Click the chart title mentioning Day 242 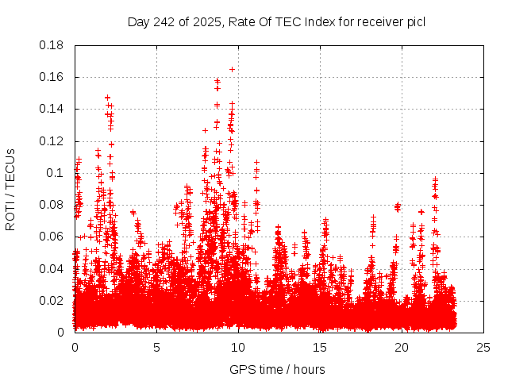(x=276, y=21)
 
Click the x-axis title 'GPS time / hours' (x=277, y=369)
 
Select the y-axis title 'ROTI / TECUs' (x=10, y=189)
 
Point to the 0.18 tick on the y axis (x=52, y=45)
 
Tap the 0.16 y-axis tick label (x=52, y=77)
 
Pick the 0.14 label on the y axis (x=52, y=109)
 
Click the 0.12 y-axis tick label (x=52, y=141)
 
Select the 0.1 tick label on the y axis (x=56, y=173)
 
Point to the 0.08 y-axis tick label (x=52, y=205)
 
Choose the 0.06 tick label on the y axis (x=52, y=237)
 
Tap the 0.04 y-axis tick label (x=52, y=268)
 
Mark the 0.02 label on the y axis (x=52, y=300)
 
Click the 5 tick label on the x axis (x=156, y=347)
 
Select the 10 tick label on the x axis (x=238, y=347)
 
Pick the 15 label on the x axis (x=320, y=347)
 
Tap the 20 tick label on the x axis (x=402, y=347)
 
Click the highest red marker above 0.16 (x=232, y=69)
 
